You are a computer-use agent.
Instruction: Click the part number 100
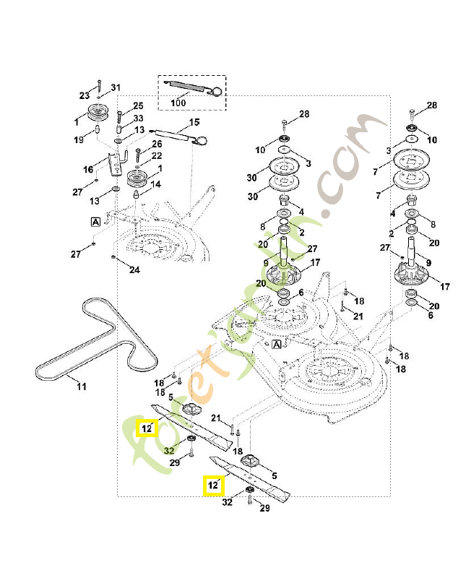coord(178,103)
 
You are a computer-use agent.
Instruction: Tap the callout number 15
coord(194,122)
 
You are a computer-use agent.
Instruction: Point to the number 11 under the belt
coord(82,387)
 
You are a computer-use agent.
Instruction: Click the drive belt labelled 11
coord(94,339)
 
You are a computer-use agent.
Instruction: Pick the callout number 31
coord(116,87)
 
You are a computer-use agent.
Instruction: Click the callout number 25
coord(138,106)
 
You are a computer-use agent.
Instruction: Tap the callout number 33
coord(138,118)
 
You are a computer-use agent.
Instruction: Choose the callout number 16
coord(88,170)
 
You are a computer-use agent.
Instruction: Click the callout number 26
coord(157,144)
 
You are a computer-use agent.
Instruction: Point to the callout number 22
coord(156,156)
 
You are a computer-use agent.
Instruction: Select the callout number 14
coord(155,184)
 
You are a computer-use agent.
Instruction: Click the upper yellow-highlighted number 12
coord(147,428)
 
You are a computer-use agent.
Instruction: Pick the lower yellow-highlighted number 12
coord(212,486)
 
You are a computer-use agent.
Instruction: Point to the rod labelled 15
coord(173,133)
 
